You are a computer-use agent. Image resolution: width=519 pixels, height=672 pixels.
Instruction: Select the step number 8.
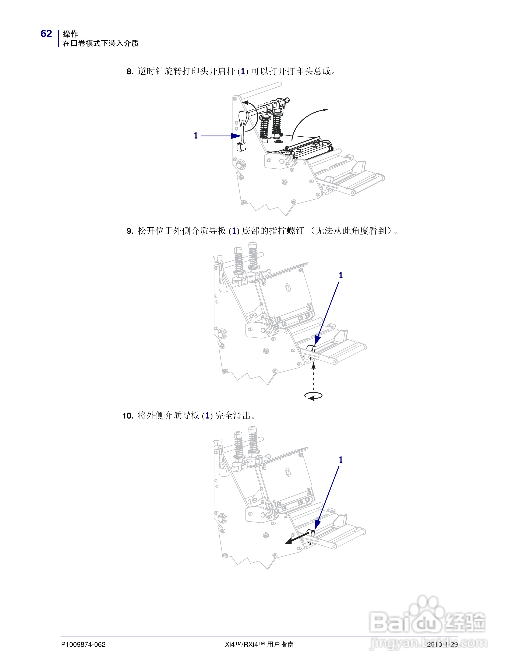pos(130,72)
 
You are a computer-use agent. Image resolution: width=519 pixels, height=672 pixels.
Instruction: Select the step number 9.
pos(130,231)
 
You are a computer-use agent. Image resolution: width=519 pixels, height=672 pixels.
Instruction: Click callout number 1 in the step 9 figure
pos(341,275)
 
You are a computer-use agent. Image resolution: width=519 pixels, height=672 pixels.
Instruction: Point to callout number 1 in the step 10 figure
pos(341,460)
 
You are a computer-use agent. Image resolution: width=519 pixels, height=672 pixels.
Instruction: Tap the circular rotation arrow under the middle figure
pos(313,396)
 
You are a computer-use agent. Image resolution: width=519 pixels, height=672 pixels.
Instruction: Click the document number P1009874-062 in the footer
pos(83,644)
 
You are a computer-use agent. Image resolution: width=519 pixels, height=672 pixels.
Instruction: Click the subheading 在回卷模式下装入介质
pos(100,43)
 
